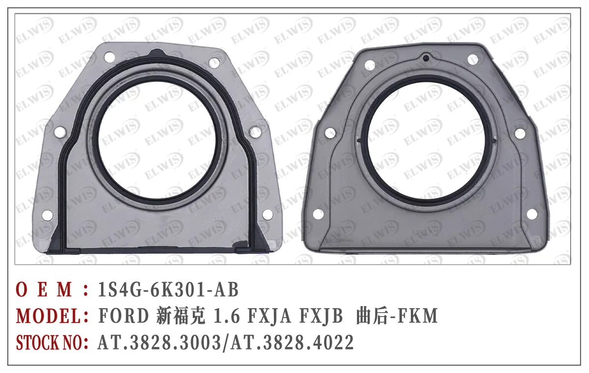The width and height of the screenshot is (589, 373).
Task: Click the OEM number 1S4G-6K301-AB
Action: (168, 290)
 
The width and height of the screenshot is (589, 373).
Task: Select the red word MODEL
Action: (49, 316)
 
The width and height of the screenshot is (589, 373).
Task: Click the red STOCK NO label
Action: (49, 343)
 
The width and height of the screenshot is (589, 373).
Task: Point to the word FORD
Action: (124, 316)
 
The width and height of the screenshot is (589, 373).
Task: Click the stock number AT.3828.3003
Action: (159, 343)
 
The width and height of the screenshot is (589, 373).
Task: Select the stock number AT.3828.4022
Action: (293, 343)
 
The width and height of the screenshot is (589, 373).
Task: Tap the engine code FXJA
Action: (269, 316)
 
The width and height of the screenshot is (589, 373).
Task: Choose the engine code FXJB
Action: (321, 316)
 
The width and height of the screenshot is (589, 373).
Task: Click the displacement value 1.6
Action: (226, 316)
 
